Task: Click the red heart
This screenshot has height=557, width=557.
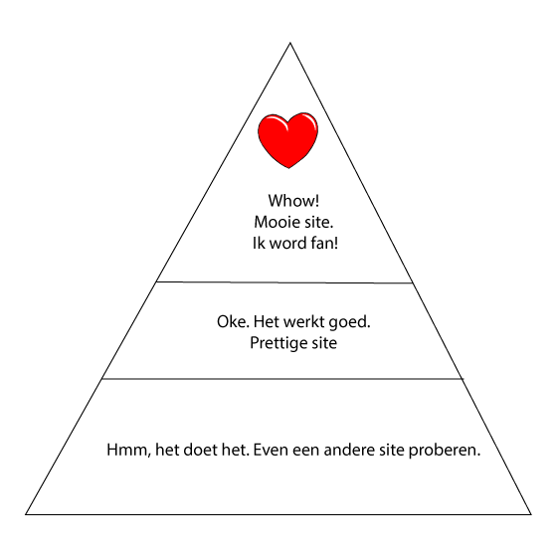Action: [x=287, y=140]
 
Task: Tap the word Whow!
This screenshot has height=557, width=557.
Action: [x=293, y=201]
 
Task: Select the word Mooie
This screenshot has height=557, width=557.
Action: [x=273, y=222]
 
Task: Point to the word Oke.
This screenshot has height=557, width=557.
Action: [x=234, y=322]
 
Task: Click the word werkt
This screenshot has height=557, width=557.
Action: [x=304, y=322]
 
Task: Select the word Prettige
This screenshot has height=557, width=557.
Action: [x=277, y=343]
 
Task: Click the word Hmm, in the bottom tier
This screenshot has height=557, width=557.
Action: [x=129, y=451]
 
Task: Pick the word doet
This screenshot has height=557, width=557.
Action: [x=200, y=450]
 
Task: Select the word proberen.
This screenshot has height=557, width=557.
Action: [x=445, y=451]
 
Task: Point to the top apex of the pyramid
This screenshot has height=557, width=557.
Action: [x=290, y=43]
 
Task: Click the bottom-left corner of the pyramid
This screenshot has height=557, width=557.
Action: [x=26, y=514]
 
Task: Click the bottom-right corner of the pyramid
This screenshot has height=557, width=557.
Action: [x=531, y=514]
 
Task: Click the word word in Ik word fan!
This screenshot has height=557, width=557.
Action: [x=286, y=244]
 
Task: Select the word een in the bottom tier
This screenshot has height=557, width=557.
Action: [x=306, y=452]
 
